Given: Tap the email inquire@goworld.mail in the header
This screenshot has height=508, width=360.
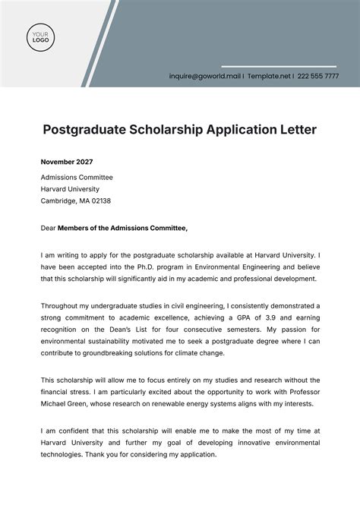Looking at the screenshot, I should coord(206,77).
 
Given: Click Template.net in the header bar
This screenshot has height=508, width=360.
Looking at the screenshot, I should coord(269,77).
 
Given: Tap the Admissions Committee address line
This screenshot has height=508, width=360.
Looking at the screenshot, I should coord(75,175).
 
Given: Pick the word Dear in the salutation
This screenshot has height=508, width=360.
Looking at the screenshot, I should coord(49,227).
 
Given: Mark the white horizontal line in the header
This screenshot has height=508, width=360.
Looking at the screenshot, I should coord(278,66).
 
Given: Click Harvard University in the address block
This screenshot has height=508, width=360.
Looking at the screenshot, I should coord(70,188).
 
